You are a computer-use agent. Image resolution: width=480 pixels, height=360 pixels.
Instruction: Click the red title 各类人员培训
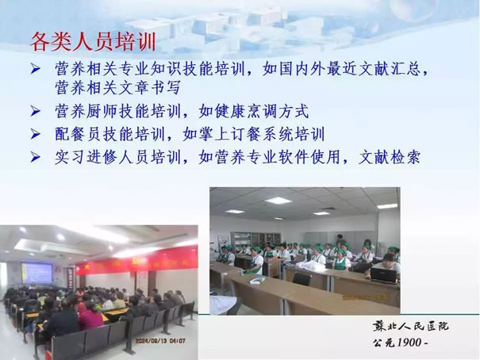click(94, 42)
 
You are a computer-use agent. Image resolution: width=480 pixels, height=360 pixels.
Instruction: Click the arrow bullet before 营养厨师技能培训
click(36, 111)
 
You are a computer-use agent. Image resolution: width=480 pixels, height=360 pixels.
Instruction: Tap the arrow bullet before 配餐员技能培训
click(36, 134)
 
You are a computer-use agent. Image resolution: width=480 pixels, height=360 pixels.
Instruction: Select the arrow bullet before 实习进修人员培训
click(36, 157)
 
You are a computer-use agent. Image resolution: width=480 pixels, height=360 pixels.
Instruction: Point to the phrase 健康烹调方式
click(262, 111)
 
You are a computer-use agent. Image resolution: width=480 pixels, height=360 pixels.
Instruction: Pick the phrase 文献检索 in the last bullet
click(389, 157)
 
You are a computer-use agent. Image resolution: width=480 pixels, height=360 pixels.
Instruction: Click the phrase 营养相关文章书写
click(117, 87)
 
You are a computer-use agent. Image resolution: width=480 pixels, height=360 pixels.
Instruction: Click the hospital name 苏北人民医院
click(410, 327)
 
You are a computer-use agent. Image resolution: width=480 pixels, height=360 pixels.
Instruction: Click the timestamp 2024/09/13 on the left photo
click(150, 341)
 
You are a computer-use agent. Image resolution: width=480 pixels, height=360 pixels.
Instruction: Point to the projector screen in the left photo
click(37, 273)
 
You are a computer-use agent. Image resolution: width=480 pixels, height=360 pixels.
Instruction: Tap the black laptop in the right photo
click(383, 275)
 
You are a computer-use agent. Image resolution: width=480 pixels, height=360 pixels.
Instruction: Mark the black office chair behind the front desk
click(301, 279)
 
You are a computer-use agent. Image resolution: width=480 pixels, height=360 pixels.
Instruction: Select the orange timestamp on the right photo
click(366, 297)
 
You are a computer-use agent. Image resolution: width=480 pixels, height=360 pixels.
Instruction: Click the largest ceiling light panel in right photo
click(278, 201)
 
